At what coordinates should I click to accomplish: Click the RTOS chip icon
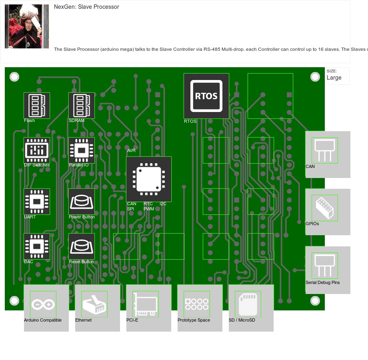(x=206, y=96)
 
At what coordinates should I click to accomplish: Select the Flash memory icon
(x=37, y=106)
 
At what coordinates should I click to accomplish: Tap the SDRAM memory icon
(x=82, y=106)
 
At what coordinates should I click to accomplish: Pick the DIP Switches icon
(x=37, y=150)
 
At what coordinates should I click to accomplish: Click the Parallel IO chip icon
(x=82, y=150)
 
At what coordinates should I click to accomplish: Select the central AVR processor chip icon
(x=149, y=179)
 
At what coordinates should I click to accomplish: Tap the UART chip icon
(x=37, y=202)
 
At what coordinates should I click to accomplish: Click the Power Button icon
(x=82, y=202)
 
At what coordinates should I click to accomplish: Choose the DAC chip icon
(x=37, y=246)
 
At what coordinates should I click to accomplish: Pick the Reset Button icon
(x=82, y=246)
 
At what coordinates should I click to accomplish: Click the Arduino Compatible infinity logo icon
(x=43, y=304)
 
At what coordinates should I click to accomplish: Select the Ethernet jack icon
(x=94, y=304)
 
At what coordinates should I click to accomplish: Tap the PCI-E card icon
(x=146, y=304)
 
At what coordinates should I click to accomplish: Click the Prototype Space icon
(x=197, y=304)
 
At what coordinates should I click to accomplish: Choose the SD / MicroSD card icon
(x=248, y=304)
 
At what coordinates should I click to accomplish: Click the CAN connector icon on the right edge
(x=325, y=150)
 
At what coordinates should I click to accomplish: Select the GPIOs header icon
(x=325, y=208)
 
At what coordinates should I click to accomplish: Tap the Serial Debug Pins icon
(x=325, y=266)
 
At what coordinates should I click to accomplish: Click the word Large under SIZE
(x=334, y=78)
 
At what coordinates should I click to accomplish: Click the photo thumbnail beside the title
(x=27, y=26)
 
